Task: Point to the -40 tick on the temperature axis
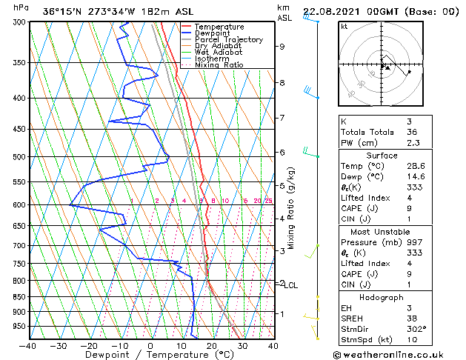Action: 29,345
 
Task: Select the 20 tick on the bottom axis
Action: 212,345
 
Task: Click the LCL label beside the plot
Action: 291,285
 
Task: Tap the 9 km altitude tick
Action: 282,46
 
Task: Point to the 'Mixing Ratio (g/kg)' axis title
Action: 291,208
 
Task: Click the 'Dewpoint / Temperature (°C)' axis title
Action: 150,355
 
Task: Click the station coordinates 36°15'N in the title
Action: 64,10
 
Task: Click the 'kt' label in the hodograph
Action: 344,27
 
